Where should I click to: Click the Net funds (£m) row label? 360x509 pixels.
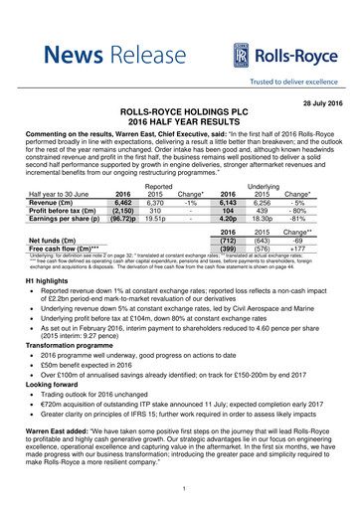pyautogui.click(x=49, y=241)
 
